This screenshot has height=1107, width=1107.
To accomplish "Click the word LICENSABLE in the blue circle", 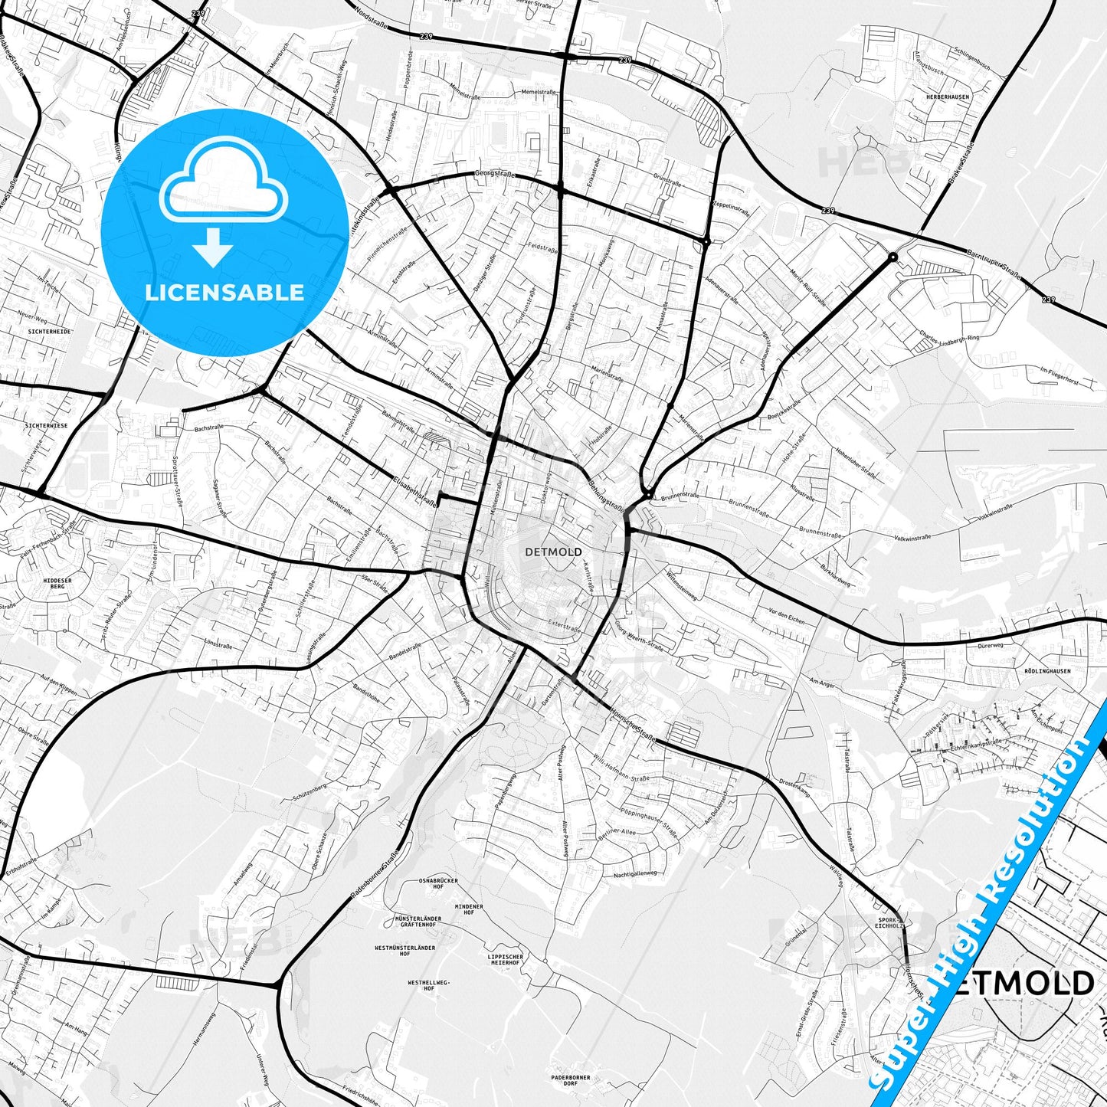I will [224, 293].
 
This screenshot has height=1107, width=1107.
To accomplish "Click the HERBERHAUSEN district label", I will [947, 97].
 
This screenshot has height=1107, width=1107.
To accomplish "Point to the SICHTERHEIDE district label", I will [48, 332].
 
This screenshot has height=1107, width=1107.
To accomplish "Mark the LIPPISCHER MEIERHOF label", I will [506, 959].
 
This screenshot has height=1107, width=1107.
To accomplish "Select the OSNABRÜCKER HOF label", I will [438, 884].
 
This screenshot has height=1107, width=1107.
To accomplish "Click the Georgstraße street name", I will [495, 174].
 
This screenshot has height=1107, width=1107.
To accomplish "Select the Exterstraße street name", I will [565, 626].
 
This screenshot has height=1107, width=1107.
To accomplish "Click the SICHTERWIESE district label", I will [46, 424].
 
